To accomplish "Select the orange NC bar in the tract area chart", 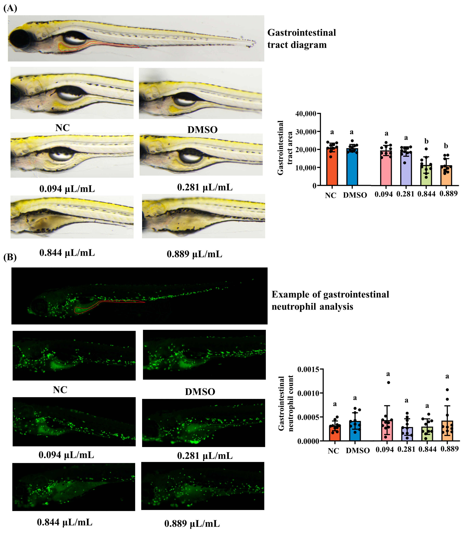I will click(332, 168).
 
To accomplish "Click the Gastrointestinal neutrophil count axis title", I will click(286, 404).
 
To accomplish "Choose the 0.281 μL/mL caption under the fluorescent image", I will click(205, 456).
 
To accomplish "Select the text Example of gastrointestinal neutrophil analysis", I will click(330, 301).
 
